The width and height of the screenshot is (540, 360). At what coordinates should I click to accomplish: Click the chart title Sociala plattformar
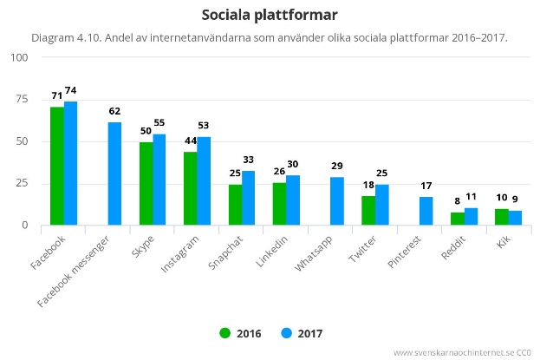click(270, 15)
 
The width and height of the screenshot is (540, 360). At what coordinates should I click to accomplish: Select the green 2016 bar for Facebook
click(57, 166)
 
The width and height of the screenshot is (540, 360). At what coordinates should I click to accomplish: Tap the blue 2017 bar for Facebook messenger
click(115, 173)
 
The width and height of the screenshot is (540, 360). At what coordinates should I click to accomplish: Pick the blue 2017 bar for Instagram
click(204, 180)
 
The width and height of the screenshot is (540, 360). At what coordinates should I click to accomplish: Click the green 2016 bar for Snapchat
click(235, 205)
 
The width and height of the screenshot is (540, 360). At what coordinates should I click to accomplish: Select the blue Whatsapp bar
click(337, 201)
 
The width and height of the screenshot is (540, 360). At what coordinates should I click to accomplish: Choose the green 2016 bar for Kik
click(502, 217)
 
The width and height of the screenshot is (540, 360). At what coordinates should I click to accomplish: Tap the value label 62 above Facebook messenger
click(115, 111)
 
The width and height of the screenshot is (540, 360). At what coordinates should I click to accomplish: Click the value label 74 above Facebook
click(71, 91)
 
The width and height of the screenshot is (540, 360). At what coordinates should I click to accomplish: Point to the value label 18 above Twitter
click(368, 185)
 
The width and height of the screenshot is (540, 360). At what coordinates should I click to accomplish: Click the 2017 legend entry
click(302, 333)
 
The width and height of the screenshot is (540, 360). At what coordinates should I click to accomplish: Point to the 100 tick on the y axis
click(19, 57)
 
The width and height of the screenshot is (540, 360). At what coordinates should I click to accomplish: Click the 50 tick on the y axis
click(22, 141)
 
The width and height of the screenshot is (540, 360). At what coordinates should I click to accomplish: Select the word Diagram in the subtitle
click(55, 38)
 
